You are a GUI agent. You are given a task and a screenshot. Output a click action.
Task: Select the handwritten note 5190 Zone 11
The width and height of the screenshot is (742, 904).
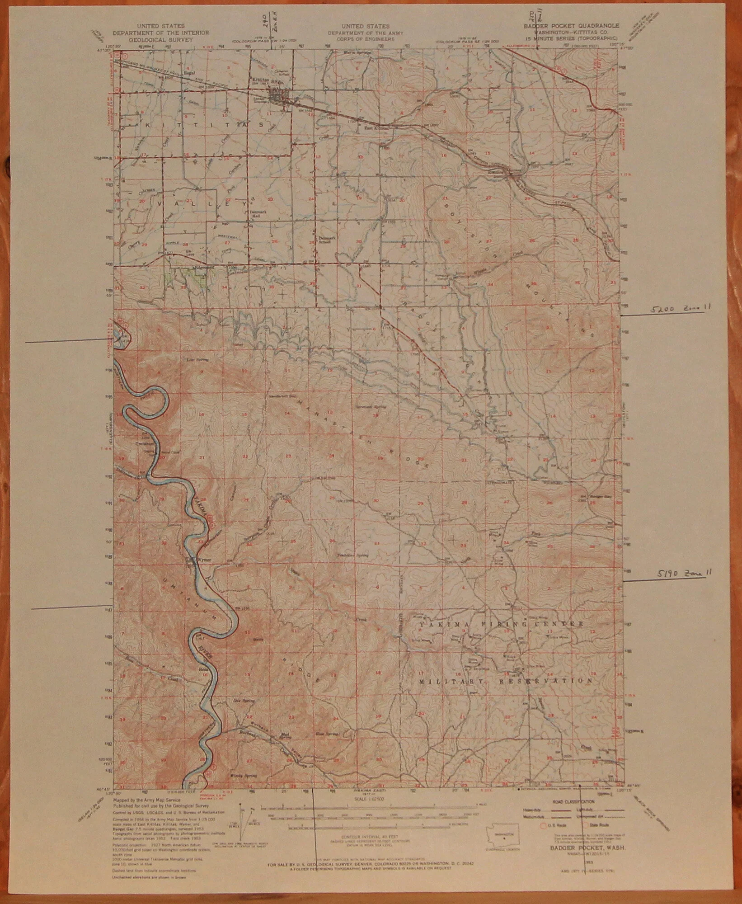[x=683, y=572]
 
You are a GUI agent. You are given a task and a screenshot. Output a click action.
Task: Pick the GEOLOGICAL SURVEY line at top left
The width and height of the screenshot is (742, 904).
[x=160, y=39]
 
